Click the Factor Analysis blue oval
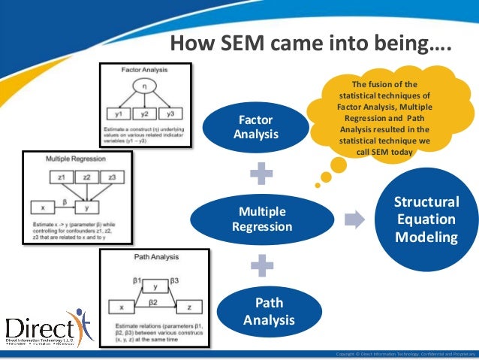point(256,127)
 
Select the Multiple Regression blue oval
point(261,218)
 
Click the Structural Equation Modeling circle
point(426,219)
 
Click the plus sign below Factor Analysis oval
point(262,173)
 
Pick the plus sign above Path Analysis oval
point(262,265)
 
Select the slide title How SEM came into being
point(309,43)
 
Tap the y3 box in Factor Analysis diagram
point(170,113)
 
